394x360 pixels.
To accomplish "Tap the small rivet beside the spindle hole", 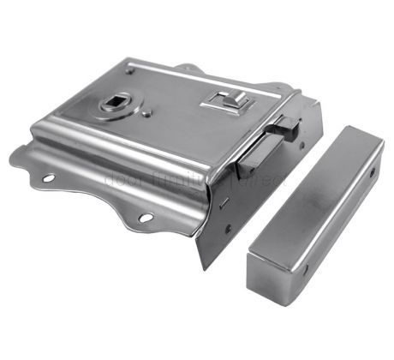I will pos(148,111).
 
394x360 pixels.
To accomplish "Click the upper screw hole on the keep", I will pos(372,172).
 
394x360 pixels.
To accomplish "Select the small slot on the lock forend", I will pos(225,204).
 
